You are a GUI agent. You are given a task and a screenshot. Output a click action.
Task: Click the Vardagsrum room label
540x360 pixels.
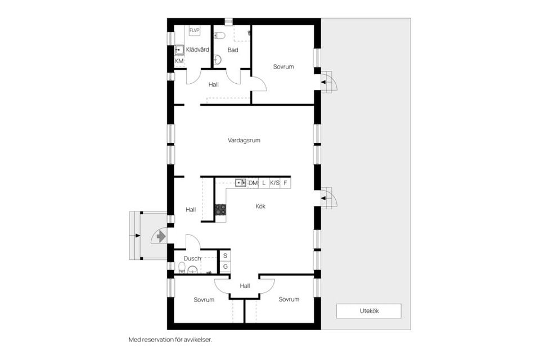click(244, 140)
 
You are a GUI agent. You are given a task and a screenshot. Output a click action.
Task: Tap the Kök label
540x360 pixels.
click(260, 206)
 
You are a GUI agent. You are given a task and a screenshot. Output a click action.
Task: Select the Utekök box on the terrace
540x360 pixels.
click(368, 310)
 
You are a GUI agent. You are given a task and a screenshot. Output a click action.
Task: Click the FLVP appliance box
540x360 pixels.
click(195, 30)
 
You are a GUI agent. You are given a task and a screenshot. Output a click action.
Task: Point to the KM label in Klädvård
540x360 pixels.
click(179, 61)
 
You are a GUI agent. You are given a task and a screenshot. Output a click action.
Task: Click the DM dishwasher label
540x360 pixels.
click(253, 183)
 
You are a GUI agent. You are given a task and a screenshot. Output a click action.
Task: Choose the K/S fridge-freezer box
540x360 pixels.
click(274, 183)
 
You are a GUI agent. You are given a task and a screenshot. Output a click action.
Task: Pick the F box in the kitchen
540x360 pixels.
click(286, 183)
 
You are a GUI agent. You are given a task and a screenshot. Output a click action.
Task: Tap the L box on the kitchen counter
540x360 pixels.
click(264, 183)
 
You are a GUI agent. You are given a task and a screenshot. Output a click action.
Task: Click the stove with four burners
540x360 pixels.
click(220, 210)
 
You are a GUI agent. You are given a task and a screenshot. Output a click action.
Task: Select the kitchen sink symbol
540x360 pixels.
click(241, 183)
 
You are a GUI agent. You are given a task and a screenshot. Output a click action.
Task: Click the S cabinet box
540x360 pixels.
click(225, 255)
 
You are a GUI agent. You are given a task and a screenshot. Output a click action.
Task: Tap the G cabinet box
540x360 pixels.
click(225, 266)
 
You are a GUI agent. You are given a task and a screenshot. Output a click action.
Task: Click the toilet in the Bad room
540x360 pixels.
click(220, 36)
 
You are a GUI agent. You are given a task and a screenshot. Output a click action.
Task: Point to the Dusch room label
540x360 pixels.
click(192, 259)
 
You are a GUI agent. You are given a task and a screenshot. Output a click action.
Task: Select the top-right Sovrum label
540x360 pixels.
click(283, 67)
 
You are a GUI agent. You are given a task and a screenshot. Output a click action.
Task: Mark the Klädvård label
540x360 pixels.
click(197, 49)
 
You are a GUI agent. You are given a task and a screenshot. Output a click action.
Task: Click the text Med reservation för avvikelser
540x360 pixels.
click(170, 340)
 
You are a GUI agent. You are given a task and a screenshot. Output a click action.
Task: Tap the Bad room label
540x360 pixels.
click(233, 50)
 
